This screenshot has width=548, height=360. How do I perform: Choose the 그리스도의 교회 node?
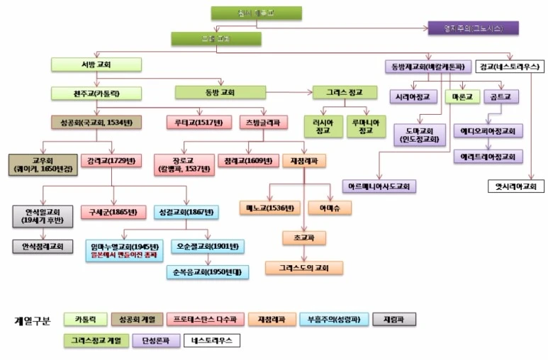[304, 268]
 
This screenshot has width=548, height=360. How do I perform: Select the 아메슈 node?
[330, 208]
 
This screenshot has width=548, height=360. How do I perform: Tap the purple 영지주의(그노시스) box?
[473, 28]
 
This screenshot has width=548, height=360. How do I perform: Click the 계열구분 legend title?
[33, 320]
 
